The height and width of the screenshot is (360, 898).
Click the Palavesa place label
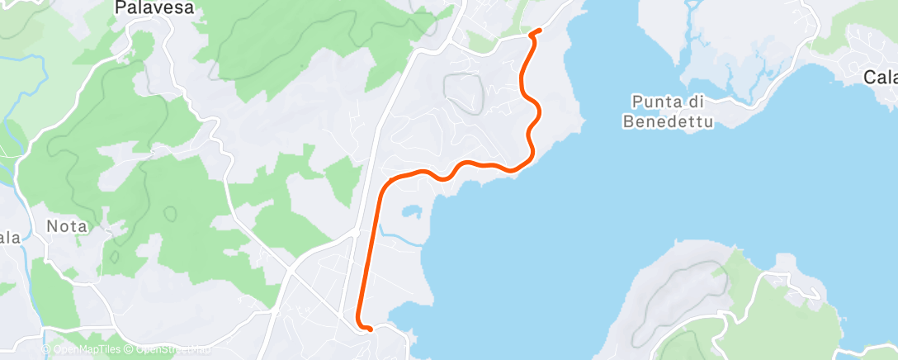154,9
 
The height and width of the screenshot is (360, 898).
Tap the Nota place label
66,225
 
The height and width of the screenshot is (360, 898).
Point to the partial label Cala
880,78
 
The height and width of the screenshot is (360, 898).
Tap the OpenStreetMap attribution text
170,350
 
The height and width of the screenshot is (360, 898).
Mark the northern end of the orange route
538,31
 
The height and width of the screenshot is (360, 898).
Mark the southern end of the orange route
370,329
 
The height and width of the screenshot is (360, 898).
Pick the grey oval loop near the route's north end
464,92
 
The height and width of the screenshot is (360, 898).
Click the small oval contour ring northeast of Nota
170,213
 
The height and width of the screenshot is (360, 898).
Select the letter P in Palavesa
121,9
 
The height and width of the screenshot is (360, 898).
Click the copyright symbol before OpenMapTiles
47,350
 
